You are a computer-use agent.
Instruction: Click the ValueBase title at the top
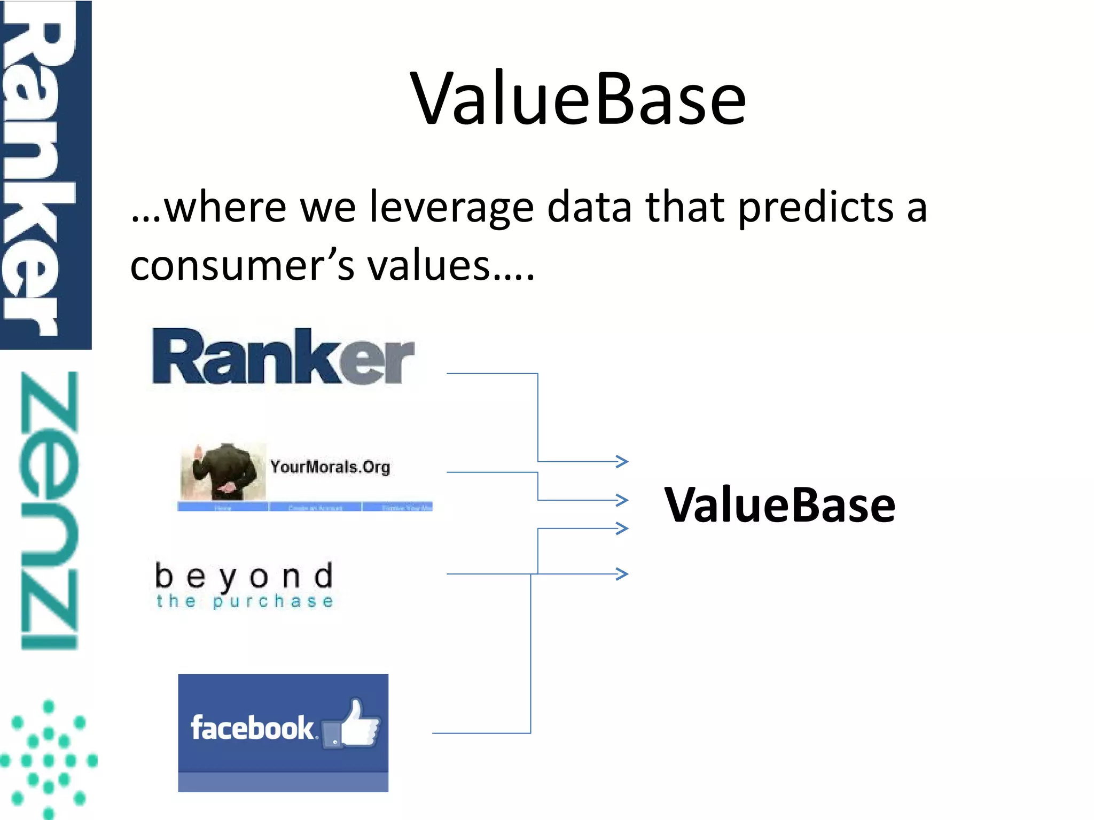578,100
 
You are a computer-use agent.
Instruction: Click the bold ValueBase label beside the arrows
779,506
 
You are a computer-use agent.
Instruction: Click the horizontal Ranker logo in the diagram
283,357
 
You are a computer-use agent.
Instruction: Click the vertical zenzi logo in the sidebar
49,510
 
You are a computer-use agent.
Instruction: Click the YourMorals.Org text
330,467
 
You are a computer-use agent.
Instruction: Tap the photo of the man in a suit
223,471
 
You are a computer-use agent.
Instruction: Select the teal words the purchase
245,602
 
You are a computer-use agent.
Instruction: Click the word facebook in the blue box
252,728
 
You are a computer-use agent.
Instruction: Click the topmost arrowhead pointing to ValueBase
622,461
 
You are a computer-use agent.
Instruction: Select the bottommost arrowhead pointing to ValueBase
622,574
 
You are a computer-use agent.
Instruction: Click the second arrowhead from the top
622,500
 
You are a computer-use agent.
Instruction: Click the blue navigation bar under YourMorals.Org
305,507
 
